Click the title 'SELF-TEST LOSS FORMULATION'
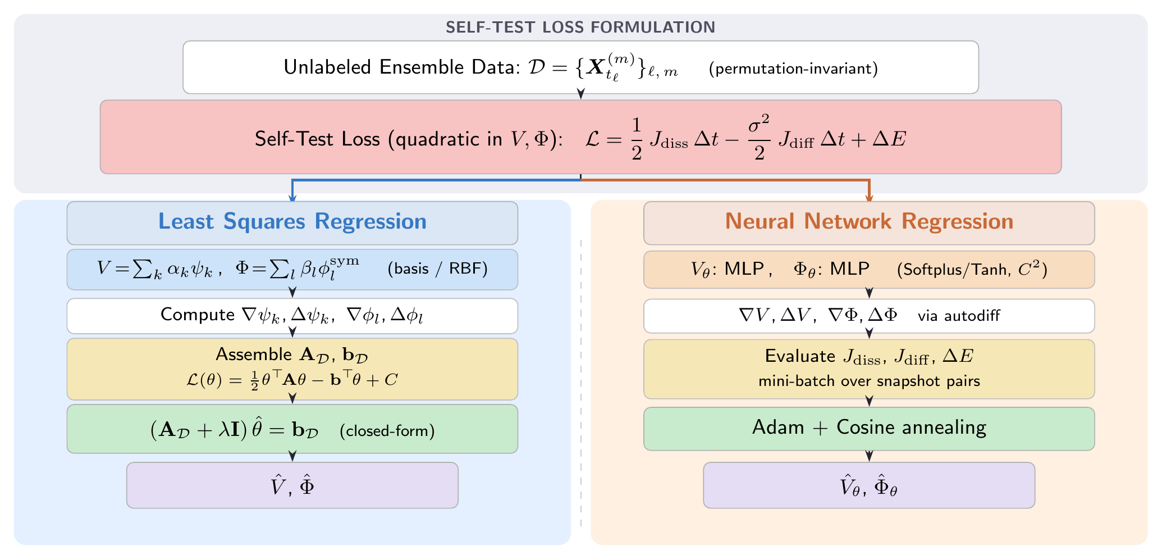click(x=580, y=27)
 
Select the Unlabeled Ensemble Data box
click(x=580, y=67)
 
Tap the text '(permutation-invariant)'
click(x=793, y=69)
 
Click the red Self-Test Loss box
click(x=580, y=137)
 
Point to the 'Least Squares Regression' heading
click(x=292, y=222)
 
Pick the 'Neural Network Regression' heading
click(x=869, y=222)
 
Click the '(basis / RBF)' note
click(x=438, y=269)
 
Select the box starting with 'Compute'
click(x=292, y=316)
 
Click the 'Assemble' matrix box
click(x=292, y=369)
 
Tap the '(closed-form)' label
click(x=387, y=431)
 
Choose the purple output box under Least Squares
click(x=292, y=485)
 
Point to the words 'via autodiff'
click(x=959, y=316)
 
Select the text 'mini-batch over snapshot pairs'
click(x=869, y=381)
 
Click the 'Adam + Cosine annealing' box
click(x=869, y=428)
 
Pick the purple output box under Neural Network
click(x=869, y=485)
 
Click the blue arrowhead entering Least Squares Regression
click(x=292, y=197)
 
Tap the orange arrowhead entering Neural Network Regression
click(x=869, y=197)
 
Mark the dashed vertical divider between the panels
click(x=581, y=382)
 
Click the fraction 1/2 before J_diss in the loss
click(x=636, y=139)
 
